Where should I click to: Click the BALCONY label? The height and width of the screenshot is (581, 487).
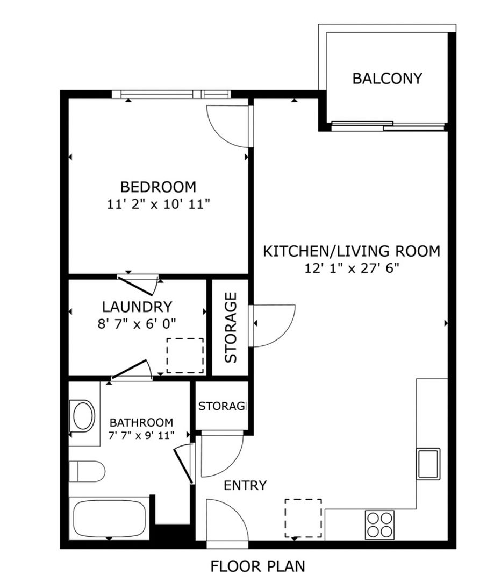(x=387, y=79)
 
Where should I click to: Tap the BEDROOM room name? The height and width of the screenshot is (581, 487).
(x=159, y=187)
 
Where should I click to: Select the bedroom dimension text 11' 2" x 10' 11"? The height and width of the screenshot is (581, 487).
(x=159, y=204)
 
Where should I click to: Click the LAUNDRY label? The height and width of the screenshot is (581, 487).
(x=137, y=307)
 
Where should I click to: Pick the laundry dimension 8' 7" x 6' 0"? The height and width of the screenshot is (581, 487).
(x=137, y=324)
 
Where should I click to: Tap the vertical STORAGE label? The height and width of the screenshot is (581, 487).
(x=231, y=327)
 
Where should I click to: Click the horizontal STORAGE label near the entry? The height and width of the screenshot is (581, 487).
(x=222, y=406)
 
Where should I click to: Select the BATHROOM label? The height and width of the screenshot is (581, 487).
(x=141, y=422)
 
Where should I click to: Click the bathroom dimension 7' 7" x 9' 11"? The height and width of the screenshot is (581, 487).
(x=141, y=435)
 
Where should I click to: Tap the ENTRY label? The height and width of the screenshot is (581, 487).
(x=245, y=485)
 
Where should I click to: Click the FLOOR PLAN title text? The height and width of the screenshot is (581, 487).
(x=258, y=566)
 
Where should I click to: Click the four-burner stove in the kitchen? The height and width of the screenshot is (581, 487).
(x=379, y=525)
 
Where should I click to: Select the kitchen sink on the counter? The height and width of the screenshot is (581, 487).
(x=428, y=464)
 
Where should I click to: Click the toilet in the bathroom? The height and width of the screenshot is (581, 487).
(x=87, y=471)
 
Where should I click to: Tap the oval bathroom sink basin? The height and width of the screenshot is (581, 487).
(x=83, y=415)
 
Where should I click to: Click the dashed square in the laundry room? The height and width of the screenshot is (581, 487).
(x=185, y=356)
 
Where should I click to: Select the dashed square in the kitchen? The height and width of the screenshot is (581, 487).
(x=303, y=518)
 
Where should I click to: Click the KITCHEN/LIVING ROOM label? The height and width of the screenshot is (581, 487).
(x=352, y=251)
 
